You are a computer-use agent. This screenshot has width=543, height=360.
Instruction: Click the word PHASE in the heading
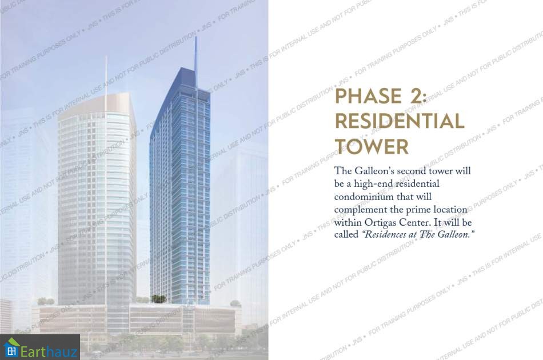[x=368, y=96]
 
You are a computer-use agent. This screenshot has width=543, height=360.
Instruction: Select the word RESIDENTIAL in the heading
[x=400, y=121]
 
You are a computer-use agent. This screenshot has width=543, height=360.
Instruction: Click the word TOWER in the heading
[x=372, y=146]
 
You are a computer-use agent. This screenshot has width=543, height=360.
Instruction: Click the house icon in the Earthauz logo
[x=11, y=348]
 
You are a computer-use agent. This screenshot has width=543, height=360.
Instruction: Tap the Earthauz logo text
[x=49, y=351]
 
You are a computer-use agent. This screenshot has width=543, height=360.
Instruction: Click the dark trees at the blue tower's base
[x=158, y=298]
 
